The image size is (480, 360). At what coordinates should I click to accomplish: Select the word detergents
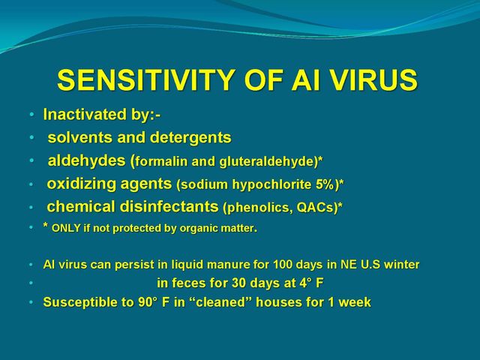190,137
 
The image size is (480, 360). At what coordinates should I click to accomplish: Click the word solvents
80,137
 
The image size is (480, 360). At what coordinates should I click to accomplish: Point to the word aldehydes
87,160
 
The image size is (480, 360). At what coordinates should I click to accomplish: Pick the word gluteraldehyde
268,162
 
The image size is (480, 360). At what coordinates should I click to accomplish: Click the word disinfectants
169,207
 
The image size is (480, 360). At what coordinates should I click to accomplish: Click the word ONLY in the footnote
66,228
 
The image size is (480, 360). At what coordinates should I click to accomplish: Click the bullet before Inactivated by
31,115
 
